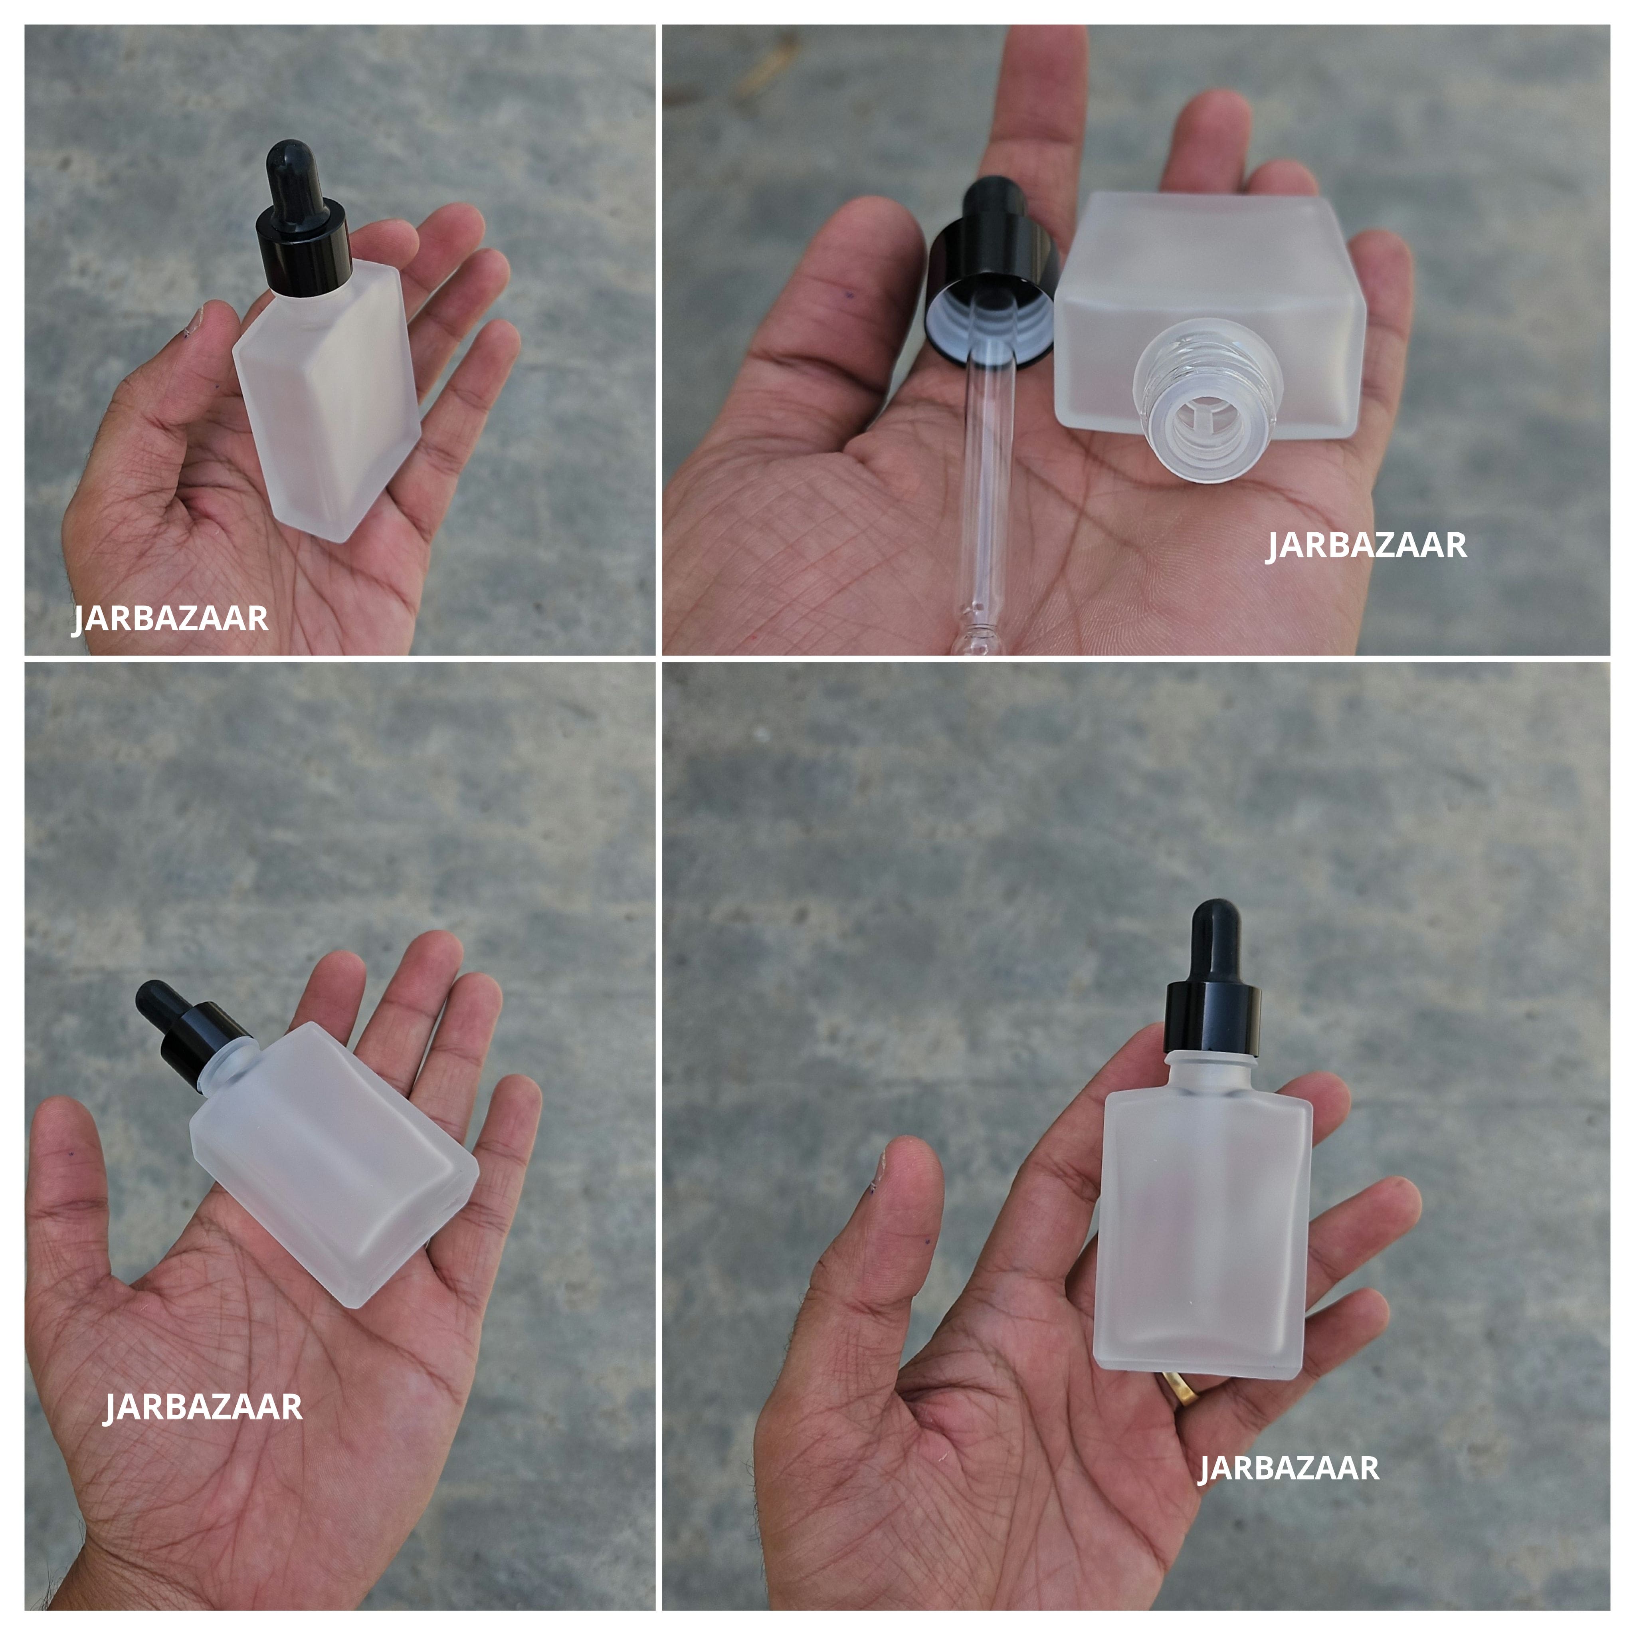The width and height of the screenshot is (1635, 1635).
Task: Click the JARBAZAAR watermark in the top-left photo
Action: [x=170, y=619]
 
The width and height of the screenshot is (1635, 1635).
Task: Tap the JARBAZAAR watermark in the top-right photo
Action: [x=1366, y=545]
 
